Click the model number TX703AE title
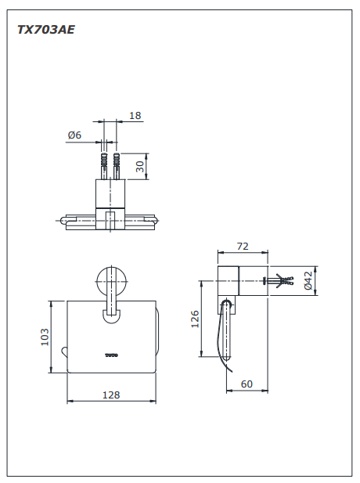(46, 30)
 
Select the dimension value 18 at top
(135, 116)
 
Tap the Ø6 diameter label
(75, 135)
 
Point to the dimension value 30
(140, 167)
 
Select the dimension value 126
(196, 318)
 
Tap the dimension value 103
(45, 336)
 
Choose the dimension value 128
(111, 395)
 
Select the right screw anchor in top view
(117, 167)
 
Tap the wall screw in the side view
(281, 281)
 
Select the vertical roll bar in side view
(230, 337)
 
